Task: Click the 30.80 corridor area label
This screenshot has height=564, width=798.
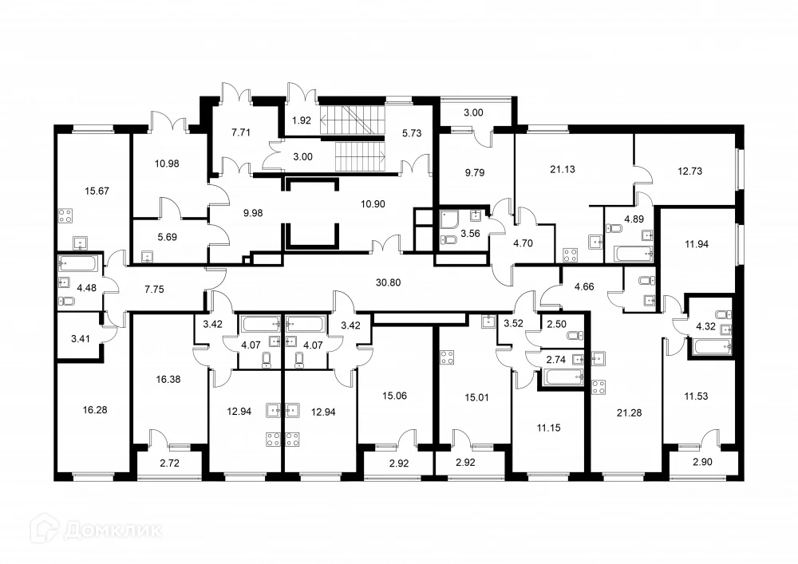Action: point(388,282)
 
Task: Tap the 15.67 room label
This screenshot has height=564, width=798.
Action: point(97,191)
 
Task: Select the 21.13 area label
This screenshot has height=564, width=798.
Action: point(563,169)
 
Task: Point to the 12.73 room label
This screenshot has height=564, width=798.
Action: point(689,172)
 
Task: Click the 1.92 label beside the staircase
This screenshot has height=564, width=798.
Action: point(302,120)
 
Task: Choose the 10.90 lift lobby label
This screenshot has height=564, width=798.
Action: point(373,204)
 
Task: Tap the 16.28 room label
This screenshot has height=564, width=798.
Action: point(95,410)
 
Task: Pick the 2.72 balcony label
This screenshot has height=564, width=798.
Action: point(169,463)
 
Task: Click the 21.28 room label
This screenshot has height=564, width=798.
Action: point(629,413)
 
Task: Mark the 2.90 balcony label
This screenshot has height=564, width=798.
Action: point(702,462)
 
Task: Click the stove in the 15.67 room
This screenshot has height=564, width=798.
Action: point(65,215)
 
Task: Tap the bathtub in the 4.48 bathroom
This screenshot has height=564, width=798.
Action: point(77,264)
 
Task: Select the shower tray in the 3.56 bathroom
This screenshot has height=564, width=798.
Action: point(449,221)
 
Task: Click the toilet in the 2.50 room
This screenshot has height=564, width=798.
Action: point(577,336)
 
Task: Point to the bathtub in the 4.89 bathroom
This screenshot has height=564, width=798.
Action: point(634,254)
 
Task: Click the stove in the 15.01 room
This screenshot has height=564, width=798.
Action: point(448,357)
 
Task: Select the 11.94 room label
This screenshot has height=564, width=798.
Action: point(696,244)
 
